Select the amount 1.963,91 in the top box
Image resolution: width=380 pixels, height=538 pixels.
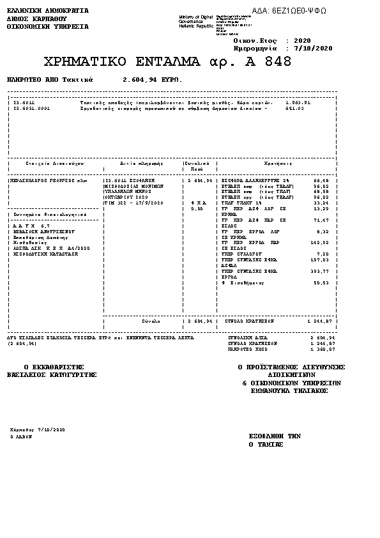[298, 102]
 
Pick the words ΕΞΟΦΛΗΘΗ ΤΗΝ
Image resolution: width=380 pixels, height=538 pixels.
[275, 435]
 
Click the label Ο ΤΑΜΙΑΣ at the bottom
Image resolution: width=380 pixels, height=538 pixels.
[266, 443]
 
